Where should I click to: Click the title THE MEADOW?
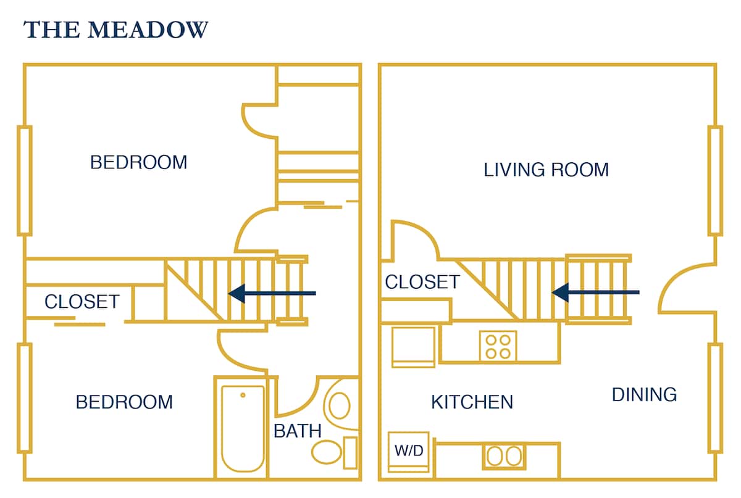pyautogui.click(x=115, y=30)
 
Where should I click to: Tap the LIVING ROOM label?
pyautogui.click(x=546, y=170)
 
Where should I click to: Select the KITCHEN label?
pyautogui.click(x=472, y=402)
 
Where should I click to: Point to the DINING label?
pyautogui.click(x=644, y=394)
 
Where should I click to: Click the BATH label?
pyautogui.click(x=298, y=431)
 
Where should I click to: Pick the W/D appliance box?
pyautogui.click(x=409, y=452)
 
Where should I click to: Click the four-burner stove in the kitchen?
pyautogui.click(x=498, y=346)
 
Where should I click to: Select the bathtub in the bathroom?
pyautogui.click(x=243, y=427)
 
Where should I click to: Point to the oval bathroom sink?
pyautogui.click(x=338, y=405)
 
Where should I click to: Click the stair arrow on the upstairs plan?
pyautogui.click(x=272, y=294)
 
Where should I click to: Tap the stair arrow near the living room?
pyautogui.click(x=595, y=292)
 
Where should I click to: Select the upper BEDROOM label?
pyautogui.click(x=138, y=162)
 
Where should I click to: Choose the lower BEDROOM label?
pyautogui.click(x=124, y=402)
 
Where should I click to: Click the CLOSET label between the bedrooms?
pyautogui.click(x=82, y=302)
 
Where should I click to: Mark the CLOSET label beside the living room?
pyautogui.click(x=422, y=282)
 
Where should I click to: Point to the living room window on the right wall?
pyautogui.click(x=715, y=180)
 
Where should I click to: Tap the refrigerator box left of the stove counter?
pyautogui.click(x=413, y=347)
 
